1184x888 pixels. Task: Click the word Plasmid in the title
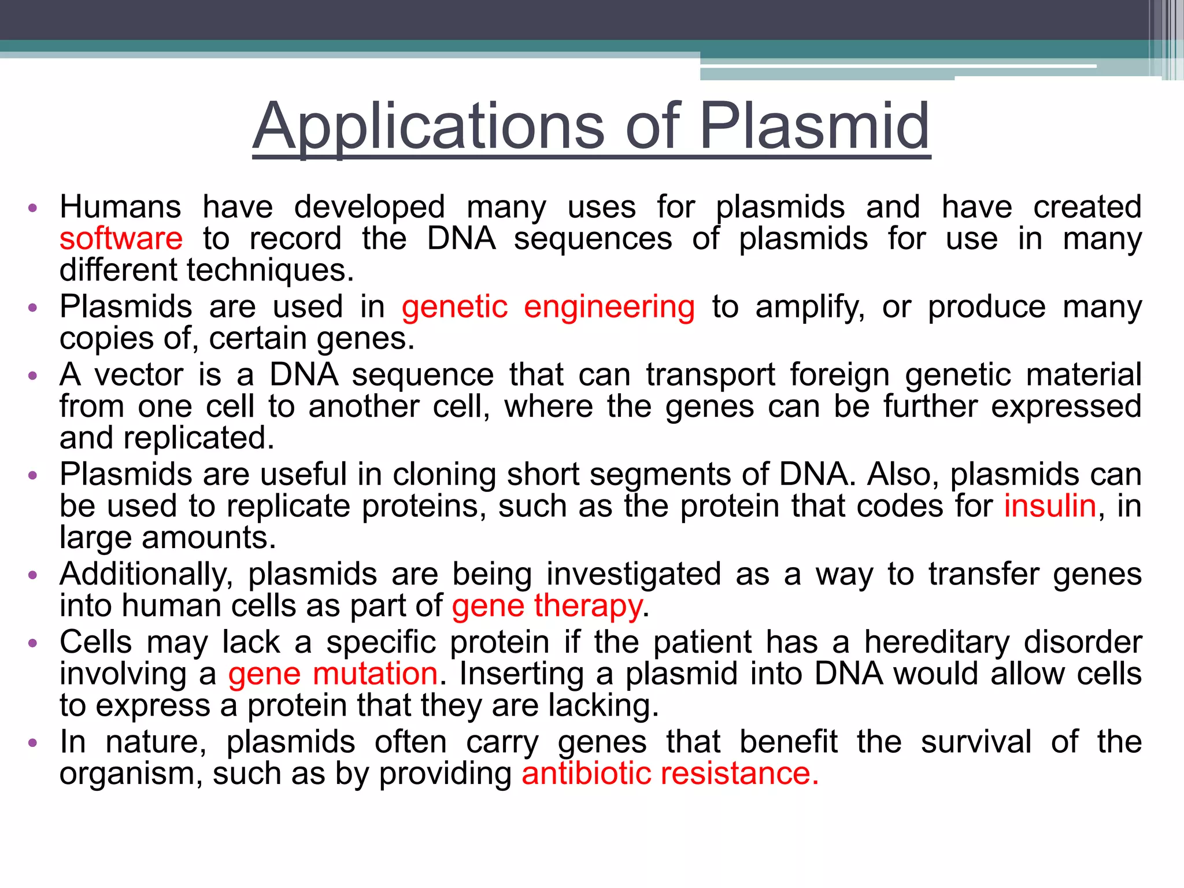click(814, 125)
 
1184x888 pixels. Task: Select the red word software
click(121, 239)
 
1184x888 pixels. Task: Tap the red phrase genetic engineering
click(548, 307)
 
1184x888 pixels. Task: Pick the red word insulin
click(1050, 506)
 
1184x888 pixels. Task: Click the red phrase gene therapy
click(547, 606)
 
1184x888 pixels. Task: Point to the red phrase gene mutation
click(333, 674)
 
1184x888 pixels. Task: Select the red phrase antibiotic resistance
click(669, 774)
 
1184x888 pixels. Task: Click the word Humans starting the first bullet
click(120, 207)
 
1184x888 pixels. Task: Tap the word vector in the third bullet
click(139, 375)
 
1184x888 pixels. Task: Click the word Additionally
click(146, 575)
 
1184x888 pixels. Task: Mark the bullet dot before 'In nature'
click(33, 742)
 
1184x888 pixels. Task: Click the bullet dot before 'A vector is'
click(33, 376)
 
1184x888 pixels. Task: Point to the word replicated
click(198, 438)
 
